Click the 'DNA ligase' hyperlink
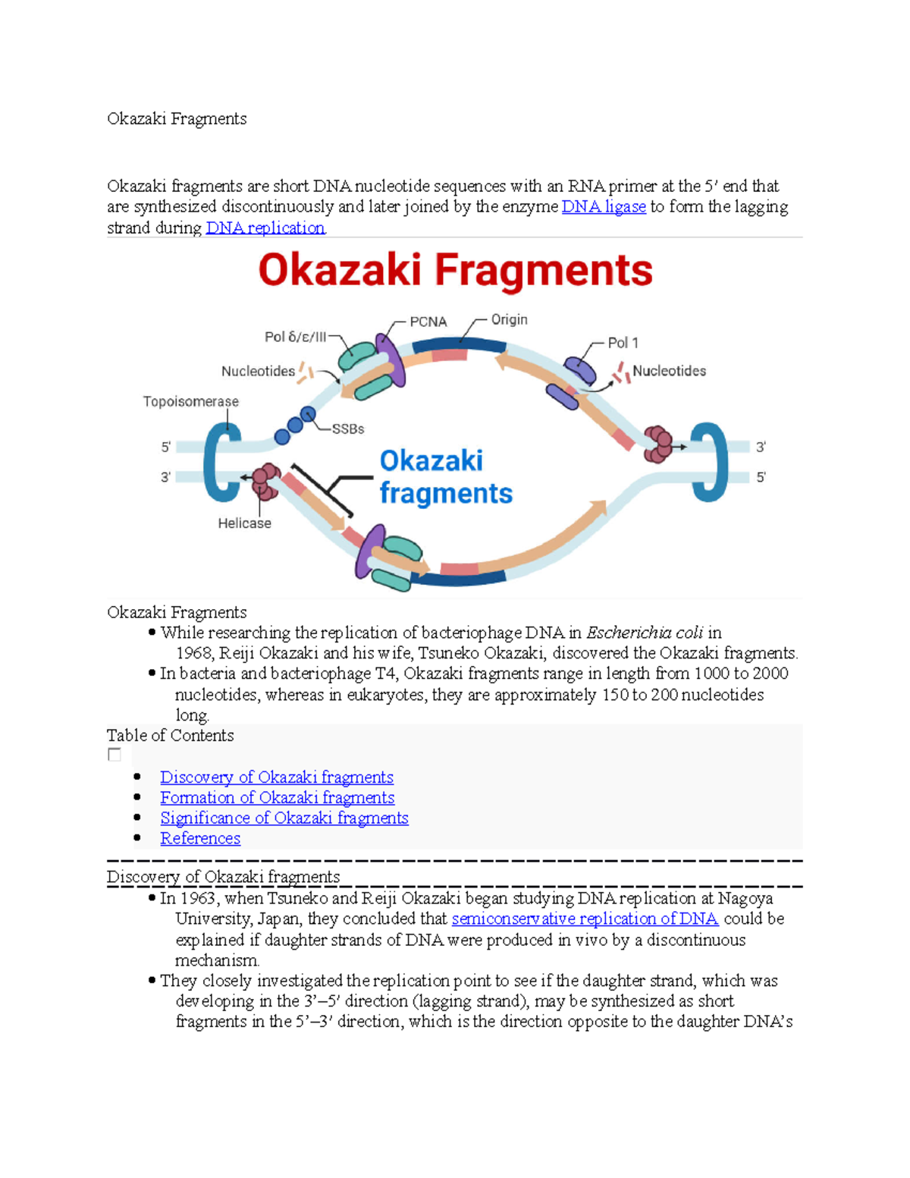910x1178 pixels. (604, 207)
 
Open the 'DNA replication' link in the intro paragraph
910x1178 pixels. (265, 228)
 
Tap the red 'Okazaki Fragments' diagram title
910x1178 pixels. (455, 271)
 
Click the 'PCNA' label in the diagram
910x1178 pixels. (428, 322)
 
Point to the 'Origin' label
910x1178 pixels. (509, 320)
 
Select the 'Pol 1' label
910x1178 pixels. (623, 343)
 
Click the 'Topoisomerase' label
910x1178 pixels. (191, 401)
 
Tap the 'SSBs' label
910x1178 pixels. (348, 429)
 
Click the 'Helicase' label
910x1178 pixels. (244, 523)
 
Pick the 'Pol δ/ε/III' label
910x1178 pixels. (295, 337)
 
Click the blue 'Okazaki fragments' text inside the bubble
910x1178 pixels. (445, 477)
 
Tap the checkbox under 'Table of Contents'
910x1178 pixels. (115, 755)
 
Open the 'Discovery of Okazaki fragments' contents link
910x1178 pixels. (277, 777)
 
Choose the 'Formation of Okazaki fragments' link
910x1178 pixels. (277, 798)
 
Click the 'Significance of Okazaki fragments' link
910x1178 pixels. (284, 818)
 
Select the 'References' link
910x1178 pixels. (200, 839)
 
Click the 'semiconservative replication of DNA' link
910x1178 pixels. (585, 919)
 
